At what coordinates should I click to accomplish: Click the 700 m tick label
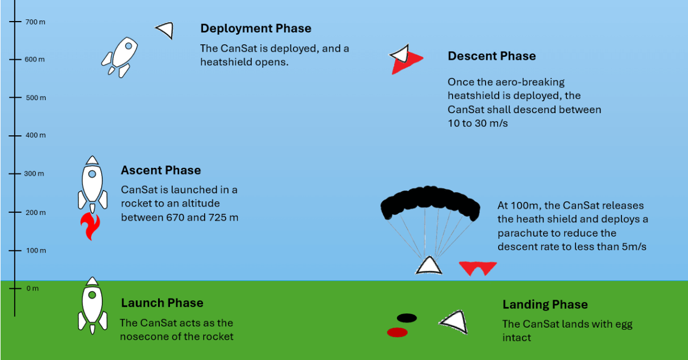35,22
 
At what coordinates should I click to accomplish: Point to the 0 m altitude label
32,288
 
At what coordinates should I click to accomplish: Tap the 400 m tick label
36,135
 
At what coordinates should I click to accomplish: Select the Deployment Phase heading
256,28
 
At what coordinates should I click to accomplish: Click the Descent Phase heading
492,56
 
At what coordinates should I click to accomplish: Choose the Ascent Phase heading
161,170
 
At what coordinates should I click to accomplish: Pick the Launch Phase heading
162,303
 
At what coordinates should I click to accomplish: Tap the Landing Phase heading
545,304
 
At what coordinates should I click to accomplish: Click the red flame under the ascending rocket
90,226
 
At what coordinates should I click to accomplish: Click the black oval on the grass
407,318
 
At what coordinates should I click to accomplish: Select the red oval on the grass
397,332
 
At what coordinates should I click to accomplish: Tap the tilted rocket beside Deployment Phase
119,57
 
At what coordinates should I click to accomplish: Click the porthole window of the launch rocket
92,295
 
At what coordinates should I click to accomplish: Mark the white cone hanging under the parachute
429,266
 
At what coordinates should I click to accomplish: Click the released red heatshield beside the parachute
478,268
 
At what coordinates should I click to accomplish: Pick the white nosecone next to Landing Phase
454,322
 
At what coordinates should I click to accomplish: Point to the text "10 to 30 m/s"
478,123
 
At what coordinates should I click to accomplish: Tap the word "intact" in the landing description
517,338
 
